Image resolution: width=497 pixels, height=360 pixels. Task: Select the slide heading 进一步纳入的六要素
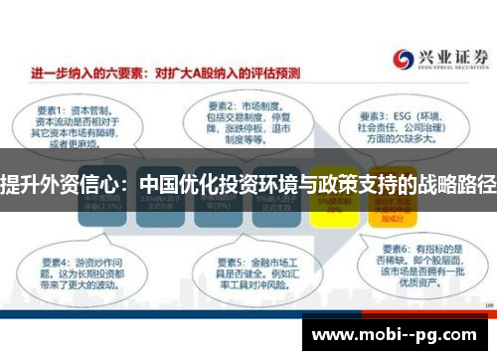coord(85,73)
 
